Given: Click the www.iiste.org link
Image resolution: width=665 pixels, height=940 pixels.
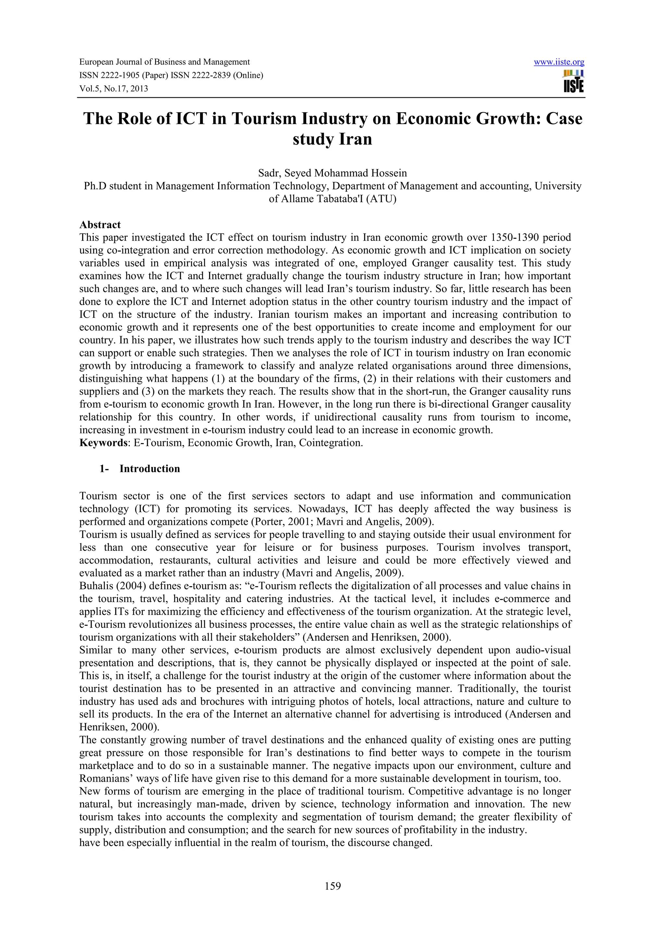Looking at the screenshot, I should point(559,62).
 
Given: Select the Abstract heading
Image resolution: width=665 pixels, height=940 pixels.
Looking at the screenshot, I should point(100,225).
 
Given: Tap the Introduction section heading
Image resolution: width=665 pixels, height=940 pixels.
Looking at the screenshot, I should point(150,469).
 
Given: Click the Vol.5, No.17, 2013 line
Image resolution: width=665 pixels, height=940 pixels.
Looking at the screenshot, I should point(114,89).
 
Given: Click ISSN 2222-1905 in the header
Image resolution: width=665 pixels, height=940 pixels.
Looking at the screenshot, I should point(111,75).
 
